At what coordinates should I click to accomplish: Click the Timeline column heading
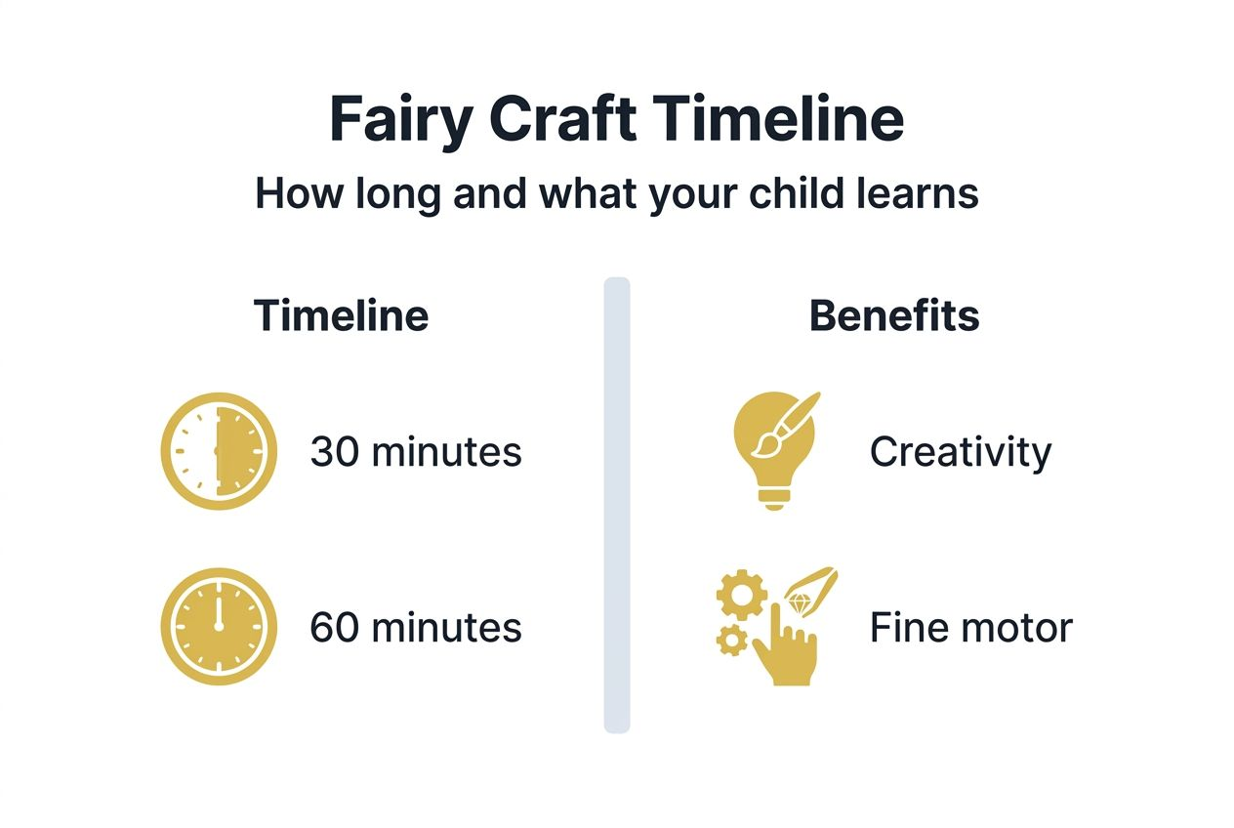tap(341, 316)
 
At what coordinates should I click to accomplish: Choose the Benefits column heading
tap(894, 316)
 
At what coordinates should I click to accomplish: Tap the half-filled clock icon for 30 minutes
tap(219, 452)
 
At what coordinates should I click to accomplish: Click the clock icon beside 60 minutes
tap(219, 627)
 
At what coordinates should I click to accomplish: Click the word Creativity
tap(960, 452)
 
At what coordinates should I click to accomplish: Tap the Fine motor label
tap(970, 627)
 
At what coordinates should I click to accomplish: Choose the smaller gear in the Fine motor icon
tap(730, 641)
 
